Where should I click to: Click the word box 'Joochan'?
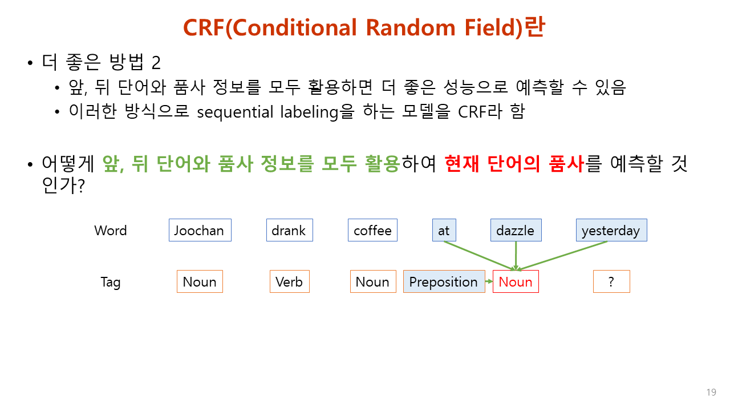coord(200,231)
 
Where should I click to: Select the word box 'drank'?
coord(289,231)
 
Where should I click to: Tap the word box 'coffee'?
coord(372,231)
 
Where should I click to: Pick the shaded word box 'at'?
coord(444,231)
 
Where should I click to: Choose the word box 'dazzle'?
coord(516,231)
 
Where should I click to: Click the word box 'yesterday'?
coord(611,231)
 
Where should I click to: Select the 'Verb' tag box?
coord(289,282)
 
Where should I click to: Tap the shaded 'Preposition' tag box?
coord(443,282)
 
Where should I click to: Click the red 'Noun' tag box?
coord(516,282)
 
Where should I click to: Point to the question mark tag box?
coord(611,282)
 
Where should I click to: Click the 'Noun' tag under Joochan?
coord(200,282)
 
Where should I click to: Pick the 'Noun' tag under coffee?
coord(372,282)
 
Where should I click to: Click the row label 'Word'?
coord(111,231)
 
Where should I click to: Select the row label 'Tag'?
coord(111,282)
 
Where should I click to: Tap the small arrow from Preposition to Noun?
coord(489,281)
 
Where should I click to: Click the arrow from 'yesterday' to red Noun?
coord(565,255)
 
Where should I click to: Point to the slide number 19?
coord(711,392)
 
